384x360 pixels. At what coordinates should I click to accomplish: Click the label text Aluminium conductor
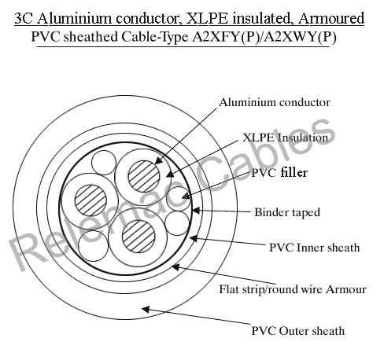coord(275,102)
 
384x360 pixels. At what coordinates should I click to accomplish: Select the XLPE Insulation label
coord(286,138)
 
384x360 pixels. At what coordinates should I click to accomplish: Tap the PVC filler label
coord(279,172)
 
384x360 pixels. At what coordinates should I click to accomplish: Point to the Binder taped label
coord(287,212)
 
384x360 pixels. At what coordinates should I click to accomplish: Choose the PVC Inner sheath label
coord(314,248)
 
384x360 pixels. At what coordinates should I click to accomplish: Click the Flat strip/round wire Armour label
coord(293,289)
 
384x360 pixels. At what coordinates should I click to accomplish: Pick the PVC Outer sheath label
coord(298,331)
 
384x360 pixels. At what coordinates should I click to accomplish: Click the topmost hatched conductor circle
coord(144,176)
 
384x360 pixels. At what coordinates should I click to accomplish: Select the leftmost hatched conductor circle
coord(90,200)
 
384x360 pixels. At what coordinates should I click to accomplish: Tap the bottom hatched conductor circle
coord(138,237)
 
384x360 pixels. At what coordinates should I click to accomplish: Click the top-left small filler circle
coord(104,163)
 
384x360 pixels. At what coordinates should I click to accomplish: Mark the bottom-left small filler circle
coord(93,246)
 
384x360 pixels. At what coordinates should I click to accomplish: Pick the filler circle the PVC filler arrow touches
coord(179,199)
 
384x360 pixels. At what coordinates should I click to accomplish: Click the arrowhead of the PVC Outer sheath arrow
coord(145,310)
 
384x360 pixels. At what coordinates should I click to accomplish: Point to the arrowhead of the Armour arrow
coord(175,267)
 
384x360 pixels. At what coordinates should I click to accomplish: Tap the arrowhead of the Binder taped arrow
coord(196,210)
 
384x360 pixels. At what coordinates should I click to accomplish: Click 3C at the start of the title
coord(24,18)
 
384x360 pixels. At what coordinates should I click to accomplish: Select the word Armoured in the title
coord(331,18)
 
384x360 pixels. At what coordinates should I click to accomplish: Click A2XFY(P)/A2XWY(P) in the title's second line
coord(264,37)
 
